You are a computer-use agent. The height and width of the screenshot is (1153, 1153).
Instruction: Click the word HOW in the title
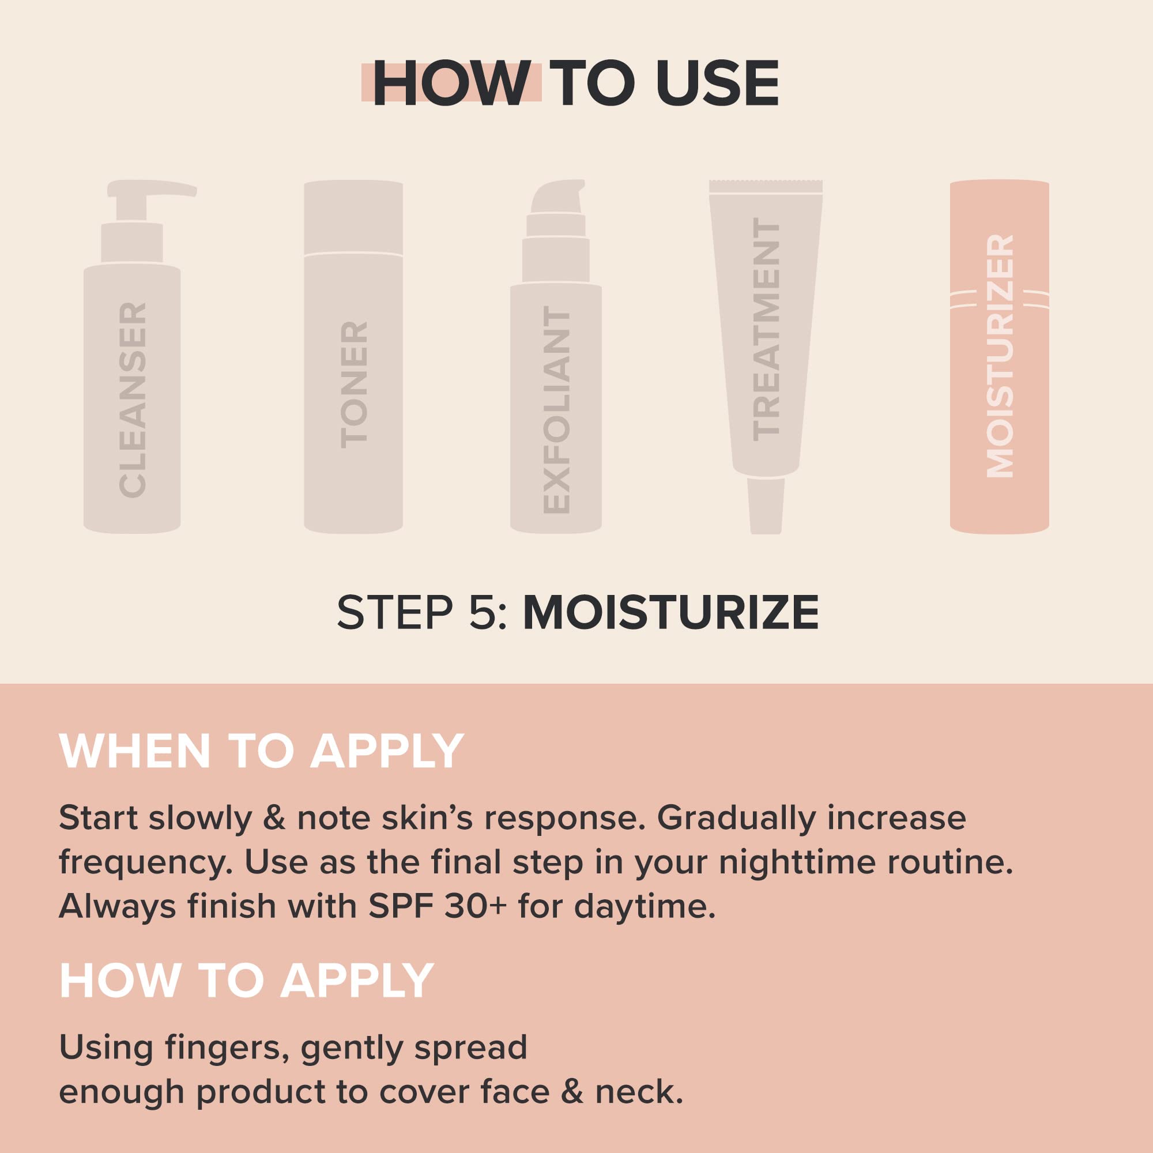click(451, 84)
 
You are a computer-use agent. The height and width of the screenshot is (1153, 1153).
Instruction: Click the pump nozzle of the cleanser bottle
click(156, 189)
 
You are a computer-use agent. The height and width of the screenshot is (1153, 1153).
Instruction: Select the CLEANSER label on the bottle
click(133, 400)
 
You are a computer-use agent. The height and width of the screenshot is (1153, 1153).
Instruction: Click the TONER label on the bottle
click(354, 385)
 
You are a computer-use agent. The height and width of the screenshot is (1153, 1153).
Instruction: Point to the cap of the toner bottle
click(353, 218)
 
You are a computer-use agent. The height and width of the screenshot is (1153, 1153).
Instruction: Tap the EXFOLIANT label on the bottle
click(556, 412)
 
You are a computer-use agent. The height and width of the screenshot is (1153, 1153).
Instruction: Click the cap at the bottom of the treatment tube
click(766, 506)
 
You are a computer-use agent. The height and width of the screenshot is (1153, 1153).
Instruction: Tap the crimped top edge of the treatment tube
click(766, 186)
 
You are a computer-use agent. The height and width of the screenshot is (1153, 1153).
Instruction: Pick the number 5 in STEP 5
click(483, 612)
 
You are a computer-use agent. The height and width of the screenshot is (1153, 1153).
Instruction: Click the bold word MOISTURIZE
click(671, 612)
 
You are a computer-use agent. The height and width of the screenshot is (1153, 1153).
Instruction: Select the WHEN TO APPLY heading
click(261, 751)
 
